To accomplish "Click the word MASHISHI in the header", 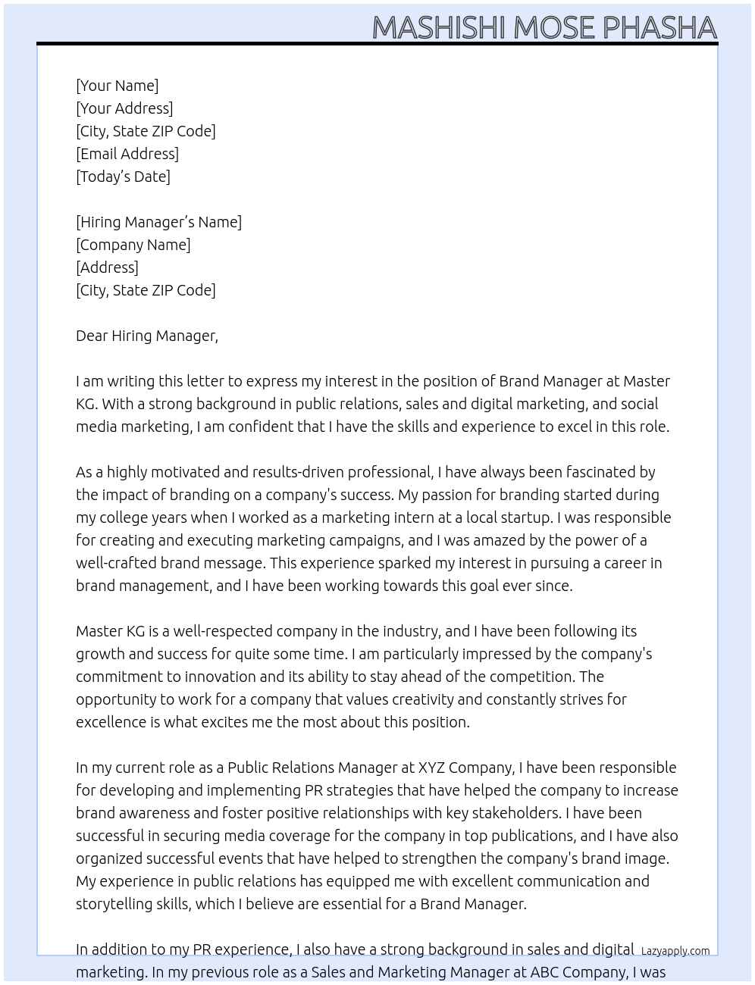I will click(439, 27).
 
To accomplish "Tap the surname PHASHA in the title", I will click(659, 27).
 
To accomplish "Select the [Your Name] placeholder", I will click(117, 86).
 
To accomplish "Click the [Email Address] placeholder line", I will click(127, 154).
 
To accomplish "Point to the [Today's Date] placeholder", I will click(123, 177).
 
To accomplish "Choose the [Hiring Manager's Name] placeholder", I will click(158, 222).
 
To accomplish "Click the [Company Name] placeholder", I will click(133, 245).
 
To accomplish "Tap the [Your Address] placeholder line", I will click(124, 108).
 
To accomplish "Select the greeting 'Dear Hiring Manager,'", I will click(146, 336).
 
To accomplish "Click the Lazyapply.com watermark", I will click(675, 951).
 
